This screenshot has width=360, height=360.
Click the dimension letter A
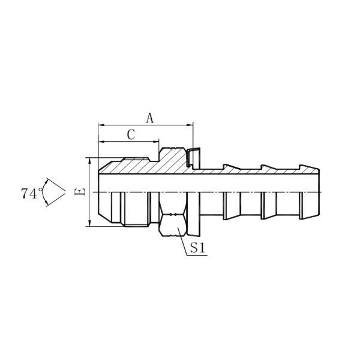(x=150, y=118)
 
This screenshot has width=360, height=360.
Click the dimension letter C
(x=130, y=135)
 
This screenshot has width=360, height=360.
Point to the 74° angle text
(x=30, y=193)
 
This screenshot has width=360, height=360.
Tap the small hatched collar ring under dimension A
(x=193, y=157)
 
